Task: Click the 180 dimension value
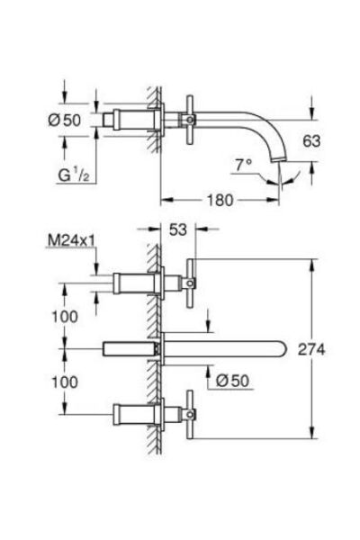click(x=220, y=200)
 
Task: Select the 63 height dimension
click(x=311, y=141)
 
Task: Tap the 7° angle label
click(x=244, y=165)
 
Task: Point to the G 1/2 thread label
click(x=74, y=175)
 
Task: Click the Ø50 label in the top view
click(x=65, y=120)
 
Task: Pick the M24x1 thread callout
click(x=71, y=240)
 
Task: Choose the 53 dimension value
click(x=178, y=229)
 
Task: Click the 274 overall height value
click(x=311, y=350)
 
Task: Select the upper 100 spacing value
click(x=65, y=317)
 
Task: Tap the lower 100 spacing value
click(x=65, y=382)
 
